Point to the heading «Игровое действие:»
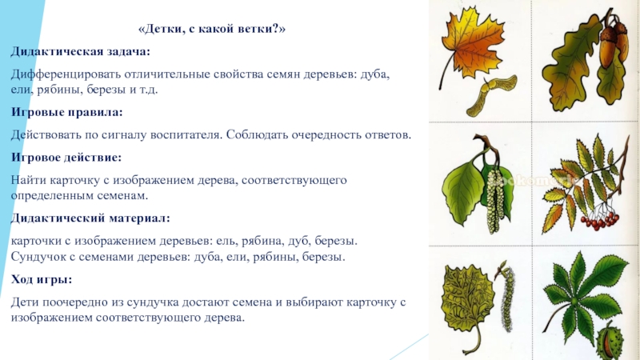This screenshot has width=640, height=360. click(x=65, y=157)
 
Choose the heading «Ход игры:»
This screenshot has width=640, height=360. click(x=42, y=280)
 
